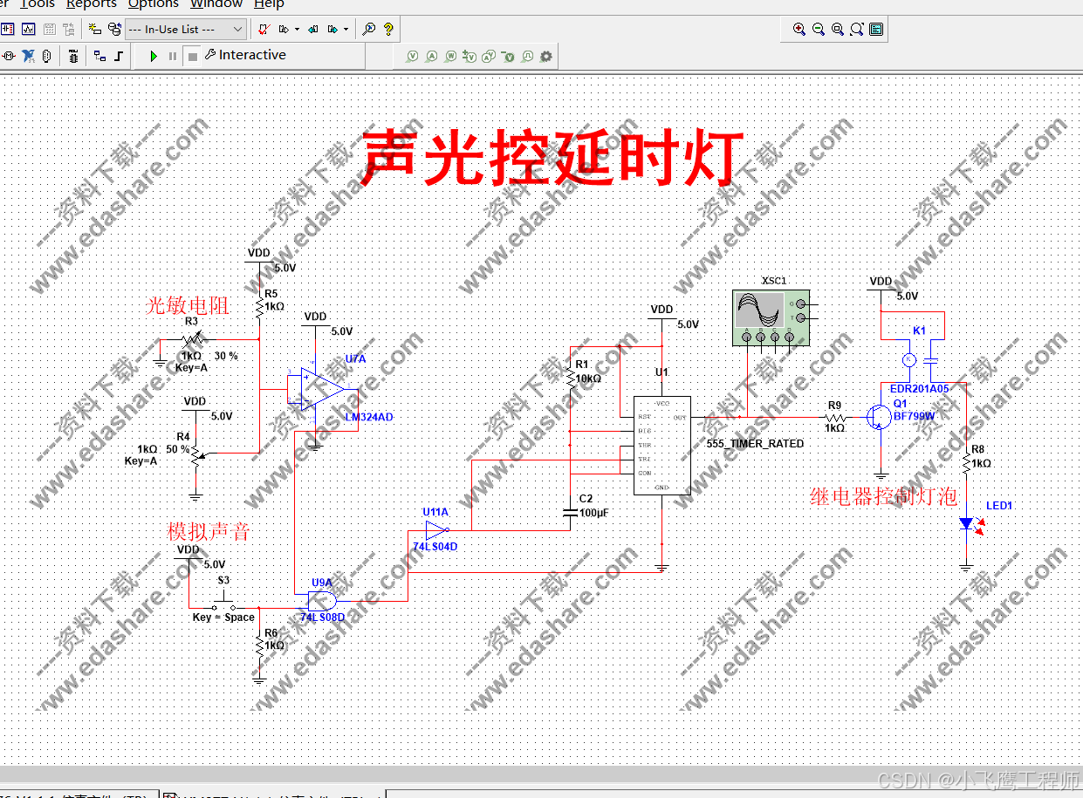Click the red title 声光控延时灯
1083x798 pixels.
(552, 158)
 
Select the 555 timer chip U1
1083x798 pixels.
(661, 444)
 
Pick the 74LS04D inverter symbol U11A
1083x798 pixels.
(435, 530)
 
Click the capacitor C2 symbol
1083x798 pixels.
(570, 513)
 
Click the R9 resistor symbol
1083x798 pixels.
(835, 417)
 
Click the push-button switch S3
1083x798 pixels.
(225, 604)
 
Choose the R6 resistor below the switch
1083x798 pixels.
(258, 646)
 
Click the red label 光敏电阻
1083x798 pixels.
(187, 305)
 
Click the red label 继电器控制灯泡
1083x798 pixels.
(883, 497)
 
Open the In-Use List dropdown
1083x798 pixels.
(185, 29)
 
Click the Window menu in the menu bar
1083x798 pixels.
(216, 4)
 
